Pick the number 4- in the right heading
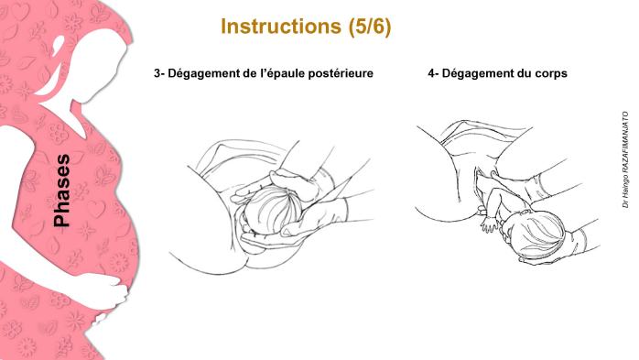click(x=433, y=72)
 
